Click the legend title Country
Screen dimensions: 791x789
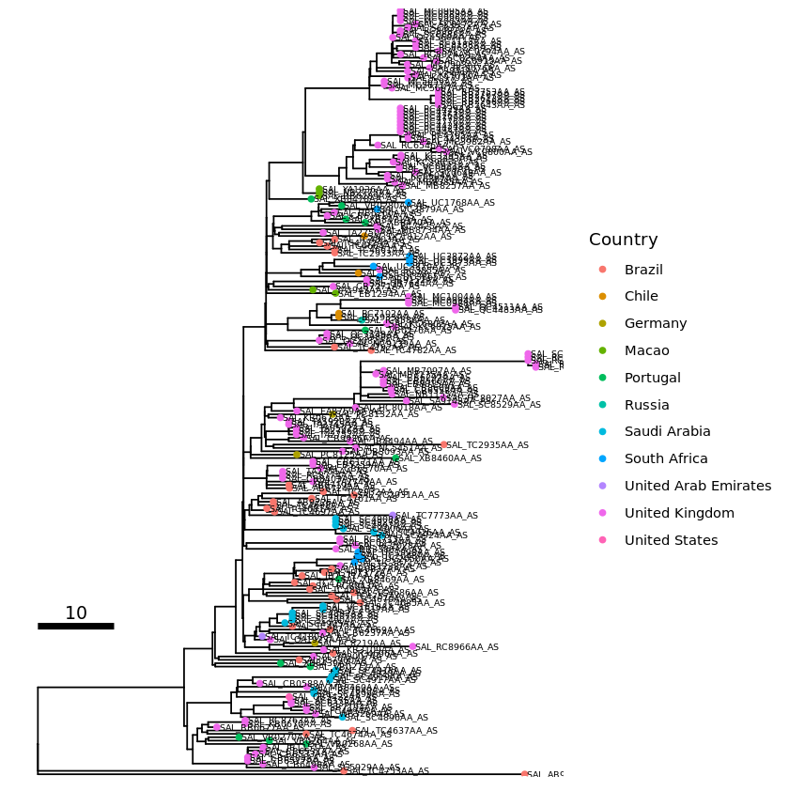coord(623,240)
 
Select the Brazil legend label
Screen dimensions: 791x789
coord(643,270)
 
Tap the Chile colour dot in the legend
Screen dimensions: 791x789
coord(603,297)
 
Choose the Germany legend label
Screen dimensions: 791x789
coord(656,324)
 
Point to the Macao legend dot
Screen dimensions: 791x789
coord(603,350)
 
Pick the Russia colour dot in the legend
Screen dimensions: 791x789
coord(603,405)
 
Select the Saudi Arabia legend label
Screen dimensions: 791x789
coord(667,432)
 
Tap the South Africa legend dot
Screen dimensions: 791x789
coord(603,459)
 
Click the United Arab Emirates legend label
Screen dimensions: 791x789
coord(698,486)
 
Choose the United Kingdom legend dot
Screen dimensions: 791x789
coord(603,513)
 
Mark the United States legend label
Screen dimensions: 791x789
coord(671,540)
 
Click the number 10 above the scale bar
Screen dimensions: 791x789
coord(76,613)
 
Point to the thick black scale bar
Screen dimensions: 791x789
coord(76,626)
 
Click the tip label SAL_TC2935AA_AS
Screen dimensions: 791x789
coord(487,445)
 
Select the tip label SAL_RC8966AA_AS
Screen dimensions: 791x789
coord(457,647)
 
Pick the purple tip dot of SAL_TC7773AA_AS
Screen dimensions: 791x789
coord(394,516)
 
